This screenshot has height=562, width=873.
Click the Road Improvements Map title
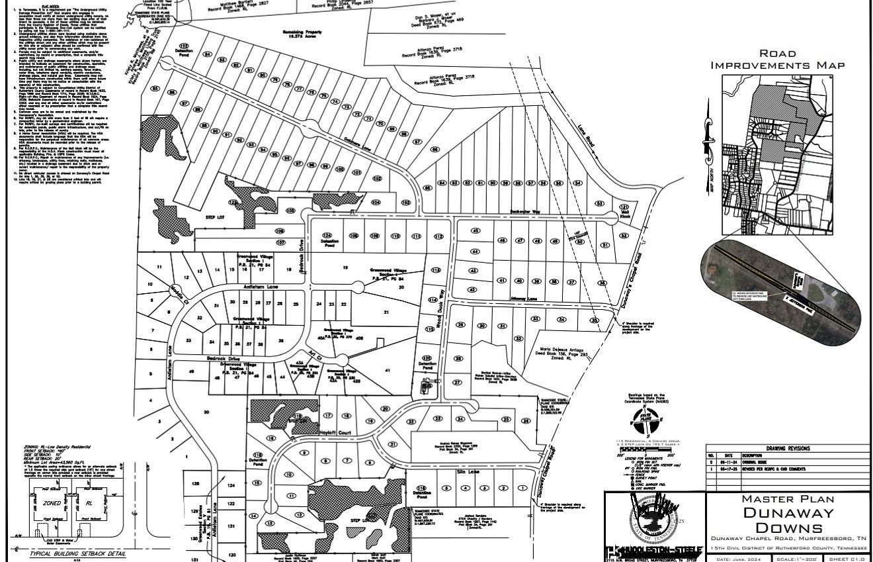tap(777, 59)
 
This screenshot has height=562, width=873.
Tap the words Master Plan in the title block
tap(788, 498)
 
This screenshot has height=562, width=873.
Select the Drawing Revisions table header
tap(787, 448)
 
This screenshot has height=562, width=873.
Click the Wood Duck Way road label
tap(438, 306)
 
